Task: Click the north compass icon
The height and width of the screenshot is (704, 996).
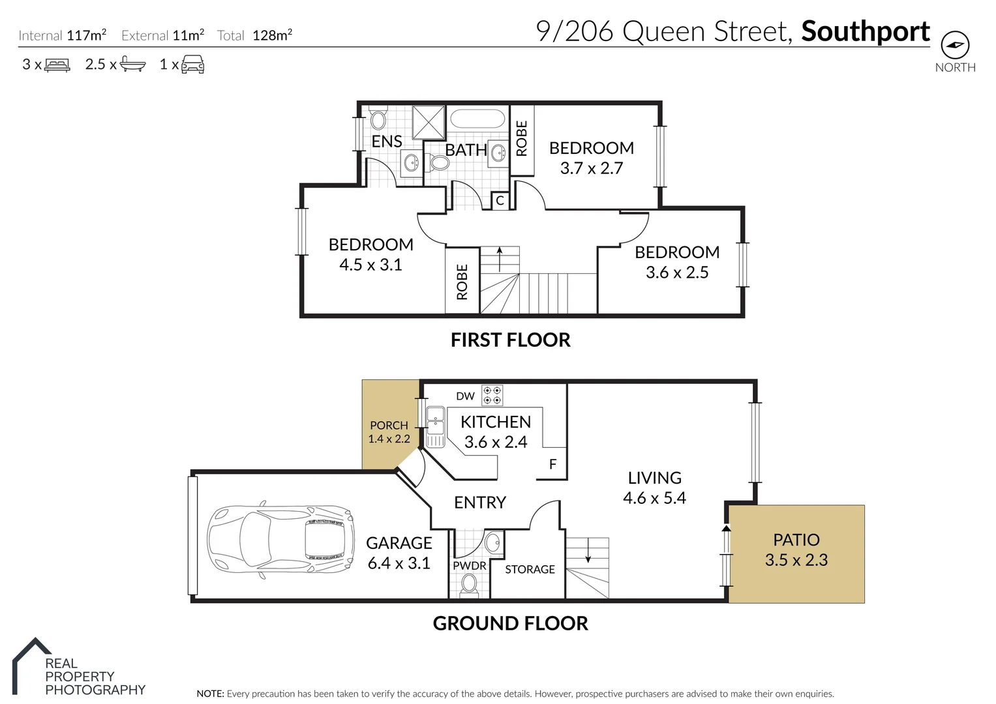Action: pos(955,45)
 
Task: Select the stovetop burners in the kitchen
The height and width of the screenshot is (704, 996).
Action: pos(492,396)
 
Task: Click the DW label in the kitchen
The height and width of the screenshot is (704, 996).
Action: pos(465,396)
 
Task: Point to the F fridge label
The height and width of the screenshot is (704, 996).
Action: pos(552,465)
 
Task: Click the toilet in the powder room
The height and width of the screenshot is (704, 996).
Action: pos(469,584)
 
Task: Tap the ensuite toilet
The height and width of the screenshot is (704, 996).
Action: pos(378,118)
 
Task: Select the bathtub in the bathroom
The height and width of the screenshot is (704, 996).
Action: pos(477,119)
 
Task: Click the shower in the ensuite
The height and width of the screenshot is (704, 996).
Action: pos(429,122)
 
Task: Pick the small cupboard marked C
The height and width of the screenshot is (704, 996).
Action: pos(500,201)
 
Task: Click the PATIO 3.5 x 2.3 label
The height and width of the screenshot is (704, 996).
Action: pos(796,550)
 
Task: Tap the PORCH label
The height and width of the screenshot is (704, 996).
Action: pos(389,425)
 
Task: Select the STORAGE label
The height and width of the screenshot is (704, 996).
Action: pos(530,569)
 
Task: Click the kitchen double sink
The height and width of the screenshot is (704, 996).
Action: pos(435,427)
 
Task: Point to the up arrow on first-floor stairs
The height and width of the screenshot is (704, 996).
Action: pos(500,258)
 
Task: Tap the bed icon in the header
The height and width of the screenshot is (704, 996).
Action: pos(57,65)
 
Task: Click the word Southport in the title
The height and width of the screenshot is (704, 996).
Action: pos(865,31)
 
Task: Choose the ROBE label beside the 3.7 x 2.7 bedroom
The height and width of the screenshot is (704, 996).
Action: pos(522,138)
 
